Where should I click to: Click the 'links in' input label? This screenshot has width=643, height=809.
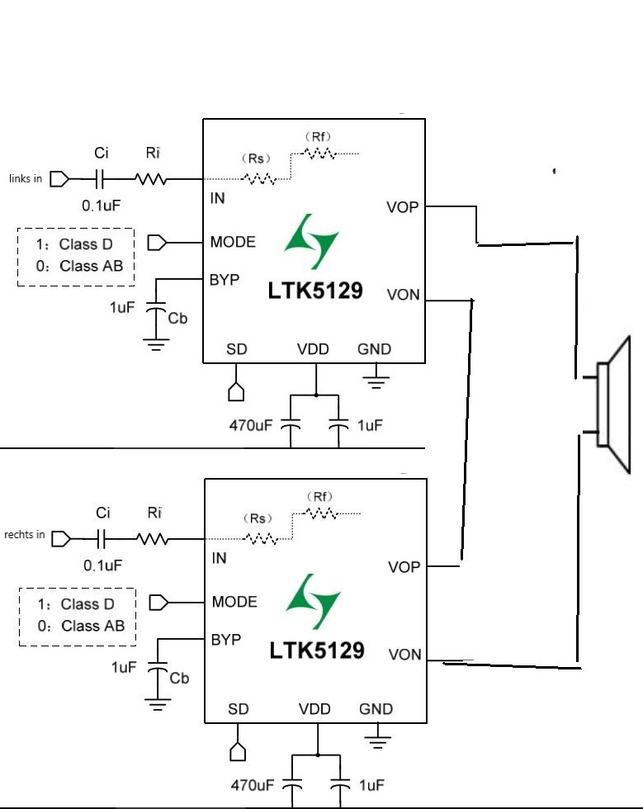click(x=26, y=178)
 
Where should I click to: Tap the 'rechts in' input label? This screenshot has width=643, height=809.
click(x=24, y=535)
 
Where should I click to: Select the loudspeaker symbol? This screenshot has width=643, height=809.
click(x=613, y=405)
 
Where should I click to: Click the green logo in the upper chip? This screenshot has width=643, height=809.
click(x=311, y=241)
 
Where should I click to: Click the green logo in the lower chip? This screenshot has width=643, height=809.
click(x=313, y=601)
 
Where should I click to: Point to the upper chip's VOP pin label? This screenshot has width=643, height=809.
click(x=403, y=207)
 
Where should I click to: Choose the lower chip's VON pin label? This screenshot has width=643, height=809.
click(x=405, y=655)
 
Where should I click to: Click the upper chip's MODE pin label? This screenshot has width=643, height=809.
click(x=233, y=242)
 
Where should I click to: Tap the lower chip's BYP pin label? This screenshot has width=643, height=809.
click(x=226, y=640)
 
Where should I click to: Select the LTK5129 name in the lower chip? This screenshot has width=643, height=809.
click(x=317, y=651)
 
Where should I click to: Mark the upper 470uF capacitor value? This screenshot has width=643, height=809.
click(x=251, y=425)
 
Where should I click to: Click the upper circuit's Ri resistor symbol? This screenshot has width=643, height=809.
click(x=151, y=179)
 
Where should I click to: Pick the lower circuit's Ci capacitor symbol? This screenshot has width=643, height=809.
click(x=102, y=539)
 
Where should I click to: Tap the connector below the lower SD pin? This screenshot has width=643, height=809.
click(x=238, y=752)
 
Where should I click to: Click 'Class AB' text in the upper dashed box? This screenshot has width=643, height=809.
click(x=92, y=266)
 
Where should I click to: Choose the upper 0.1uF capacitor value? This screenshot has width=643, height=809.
click(x=102, y=206)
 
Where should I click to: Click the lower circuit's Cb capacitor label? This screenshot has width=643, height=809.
click(x=179, y=678)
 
